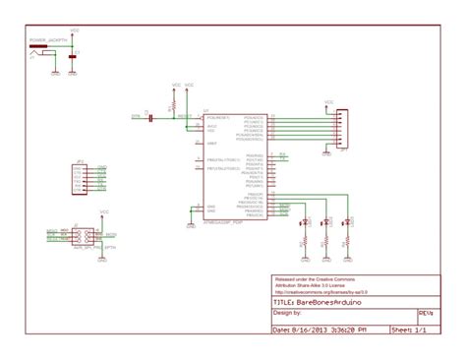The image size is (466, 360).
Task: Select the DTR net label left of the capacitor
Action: tap(136, 116)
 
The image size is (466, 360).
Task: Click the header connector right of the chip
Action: tap(340, 128)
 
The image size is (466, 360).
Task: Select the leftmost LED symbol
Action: tap(304, 225)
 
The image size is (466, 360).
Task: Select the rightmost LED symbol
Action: tap(347, 225)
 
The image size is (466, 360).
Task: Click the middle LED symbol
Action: tap(325, 225)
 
